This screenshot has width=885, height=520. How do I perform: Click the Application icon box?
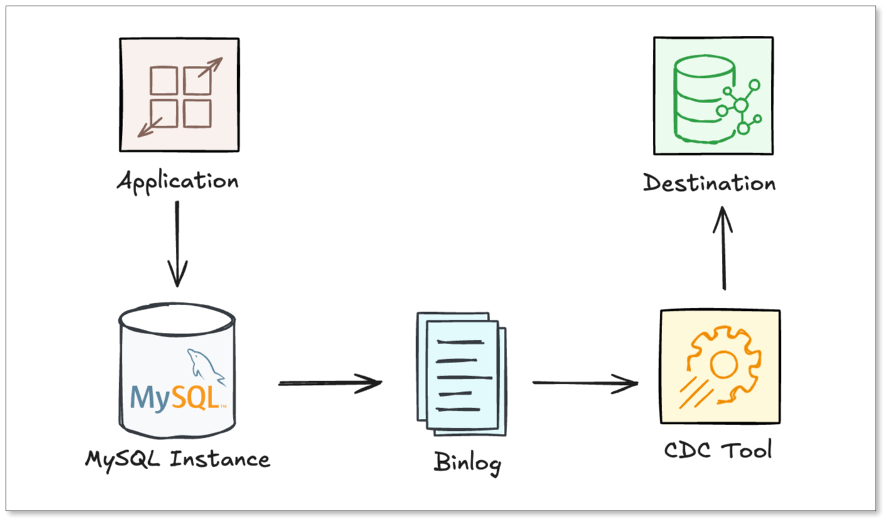(x=179, y=94)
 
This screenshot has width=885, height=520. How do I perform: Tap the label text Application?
(x=178, y=182)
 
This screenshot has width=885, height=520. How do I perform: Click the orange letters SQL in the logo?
(x=196, y=398)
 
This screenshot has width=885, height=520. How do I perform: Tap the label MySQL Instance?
(x=178, y=459)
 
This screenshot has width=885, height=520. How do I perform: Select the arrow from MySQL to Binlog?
(x=330, y=382)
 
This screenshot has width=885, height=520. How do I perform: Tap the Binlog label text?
(x=468, y=464)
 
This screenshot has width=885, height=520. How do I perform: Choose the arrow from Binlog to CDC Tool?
(x=585, y=382)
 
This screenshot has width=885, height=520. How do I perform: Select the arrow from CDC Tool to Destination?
(x=724, y=249)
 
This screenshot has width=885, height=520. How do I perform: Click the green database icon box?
(x=713, y=95)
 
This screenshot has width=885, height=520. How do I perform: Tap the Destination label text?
(x=709, y=183)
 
